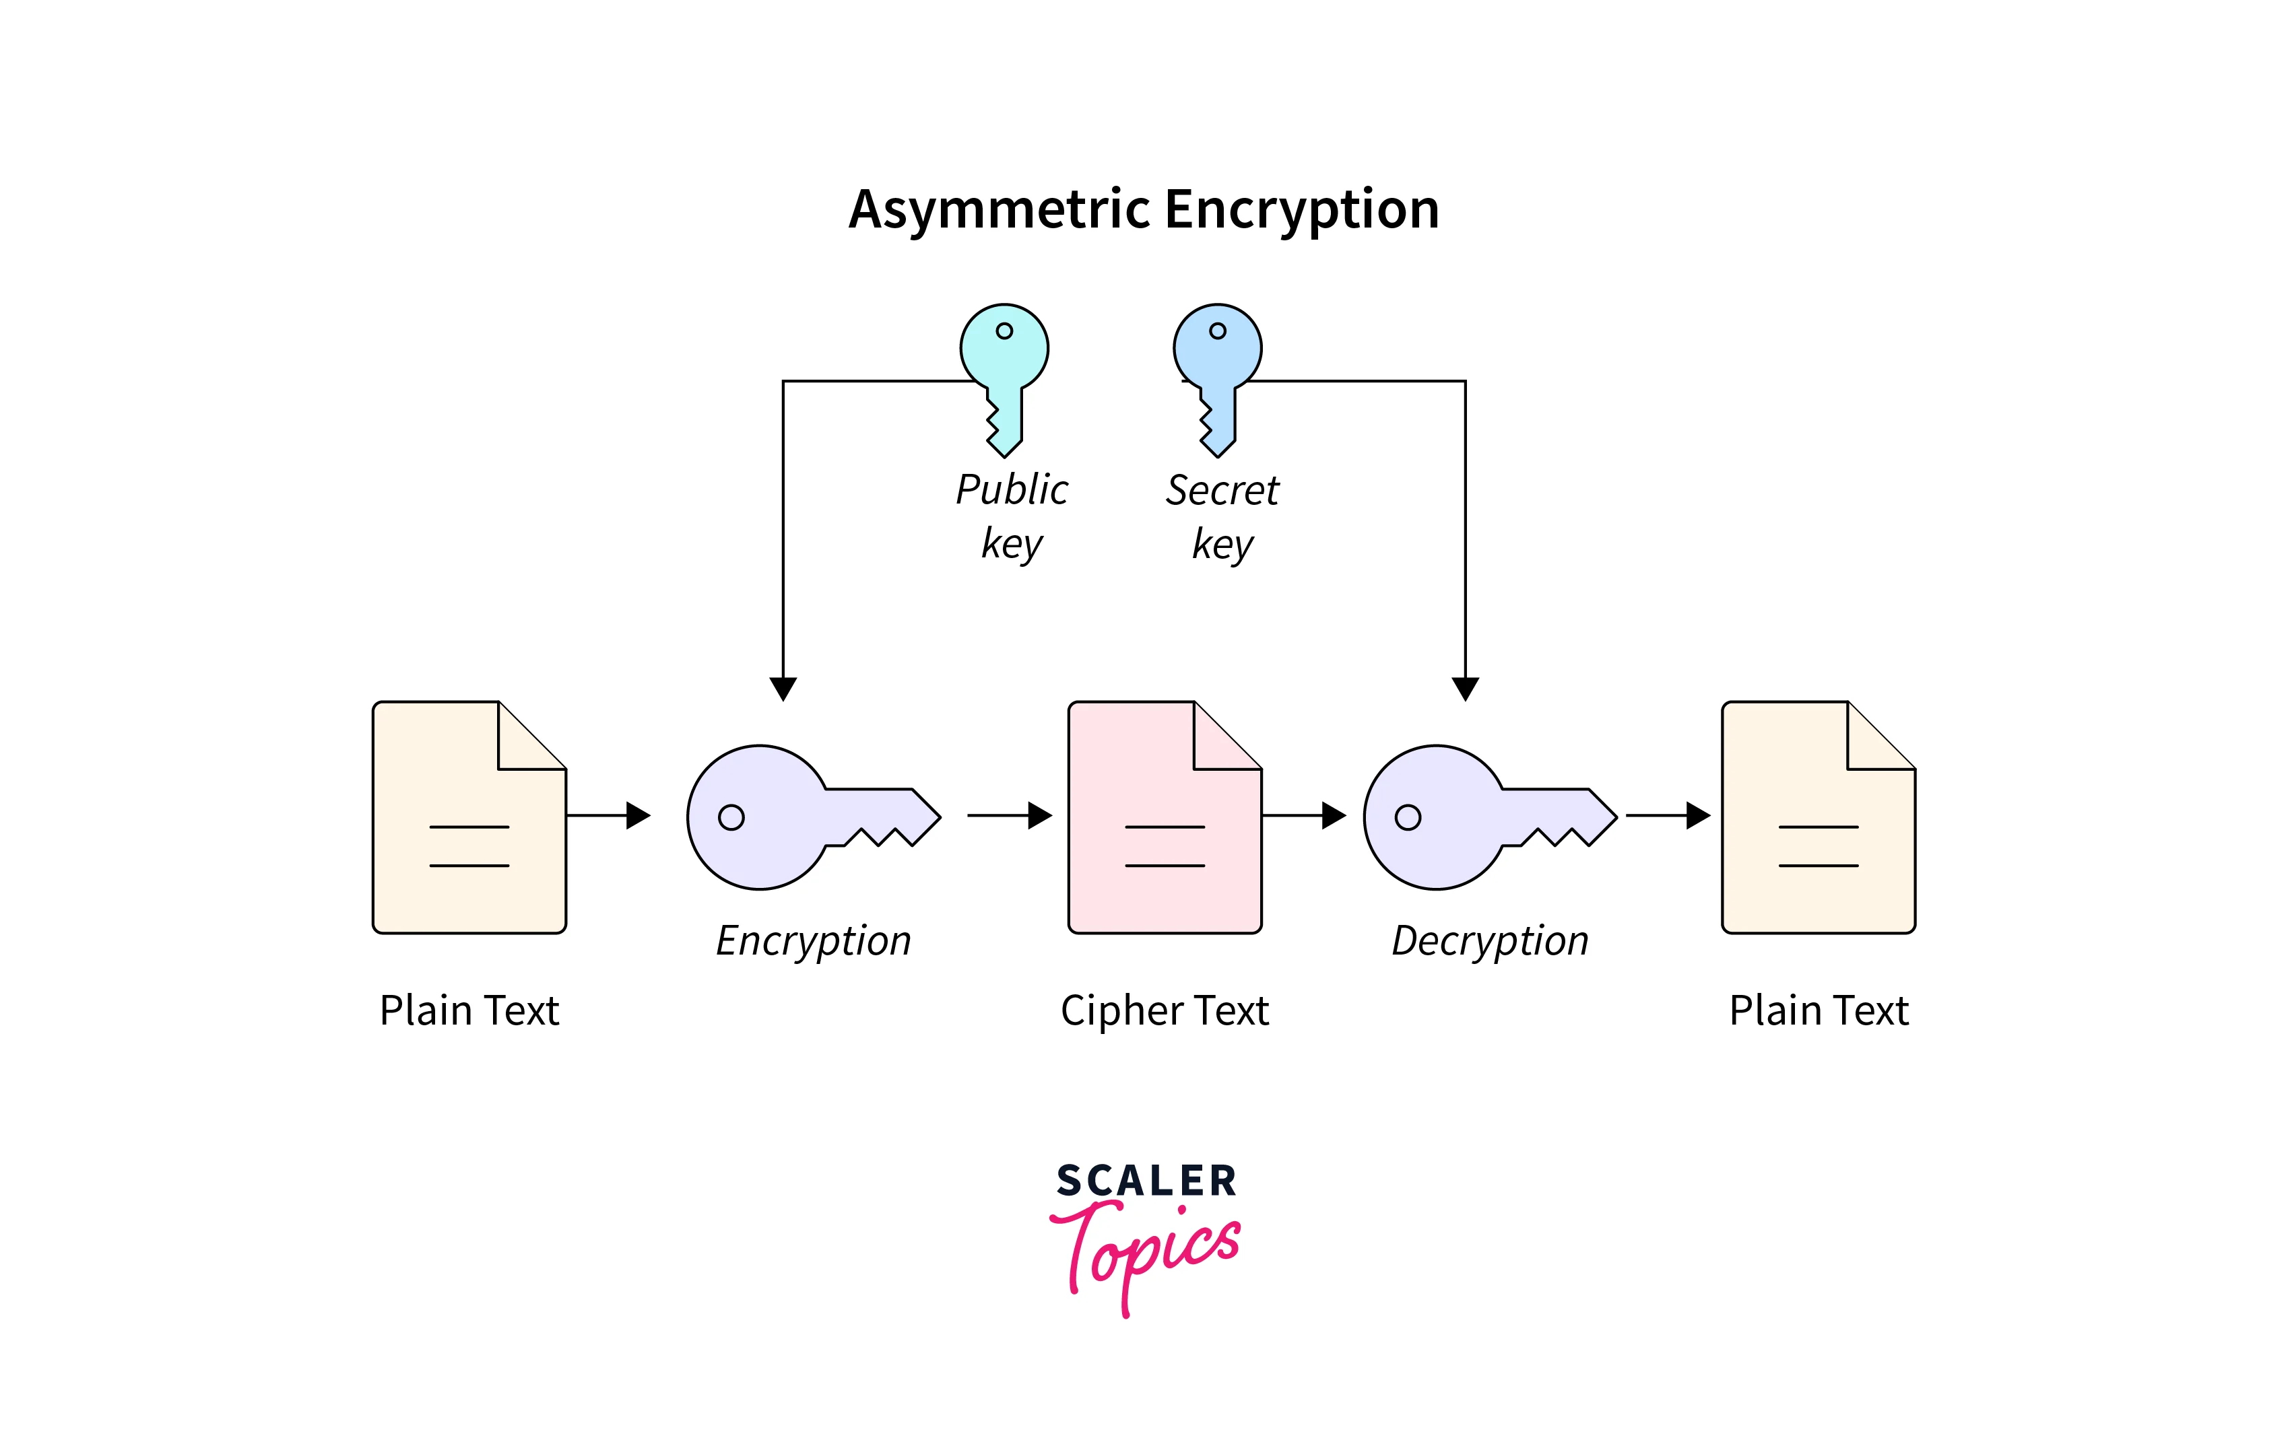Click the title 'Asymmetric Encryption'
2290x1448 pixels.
coord(1144,209)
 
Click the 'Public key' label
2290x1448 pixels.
coord(1012,516)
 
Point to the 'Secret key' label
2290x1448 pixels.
coord(1223,516)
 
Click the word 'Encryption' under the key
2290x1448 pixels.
coord(813,941)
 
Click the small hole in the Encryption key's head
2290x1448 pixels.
coord(731,818)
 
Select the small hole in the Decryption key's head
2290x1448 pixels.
coord(1408,818)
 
